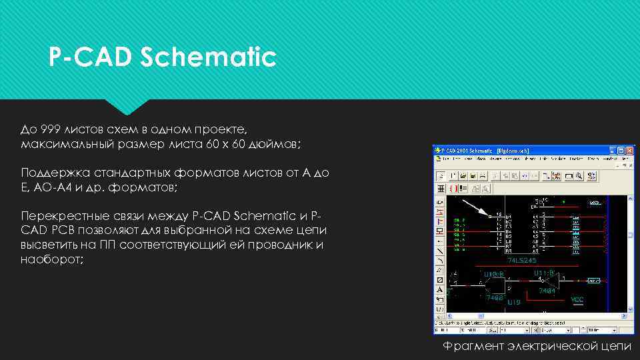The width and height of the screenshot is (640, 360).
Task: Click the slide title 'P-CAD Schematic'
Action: [162, 57]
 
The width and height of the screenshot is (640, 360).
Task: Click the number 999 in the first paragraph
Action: [51, 129]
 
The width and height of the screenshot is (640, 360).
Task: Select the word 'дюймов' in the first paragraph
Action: [278, 144]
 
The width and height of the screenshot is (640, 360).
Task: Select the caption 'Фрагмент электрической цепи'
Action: [537, 345]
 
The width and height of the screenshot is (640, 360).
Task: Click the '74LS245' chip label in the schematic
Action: [521, 260]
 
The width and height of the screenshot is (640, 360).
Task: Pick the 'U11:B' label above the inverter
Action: [545, 273]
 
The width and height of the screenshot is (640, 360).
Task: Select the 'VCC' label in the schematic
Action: [577, 300]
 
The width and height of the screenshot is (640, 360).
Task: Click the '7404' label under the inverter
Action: [548, 291]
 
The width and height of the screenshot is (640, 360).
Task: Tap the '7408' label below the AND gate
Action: [495, 297]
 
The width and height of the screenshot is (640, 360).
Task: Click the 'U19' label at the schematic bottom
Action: [513, 302]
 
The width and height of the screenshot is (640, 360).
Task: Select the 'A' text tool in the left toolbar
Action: [440, 290]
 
